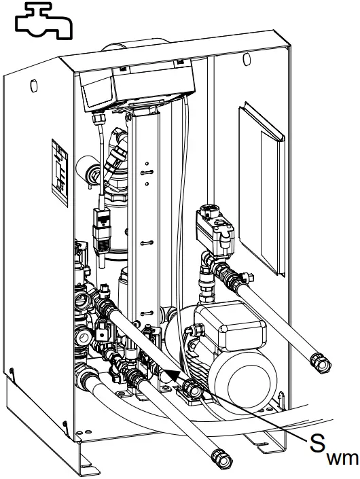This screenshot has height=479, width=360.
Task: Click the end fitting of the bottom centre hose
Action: (x=218, y=455)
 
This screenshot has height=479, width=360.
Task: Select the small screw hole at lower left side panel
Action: (x=12, y=371)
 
